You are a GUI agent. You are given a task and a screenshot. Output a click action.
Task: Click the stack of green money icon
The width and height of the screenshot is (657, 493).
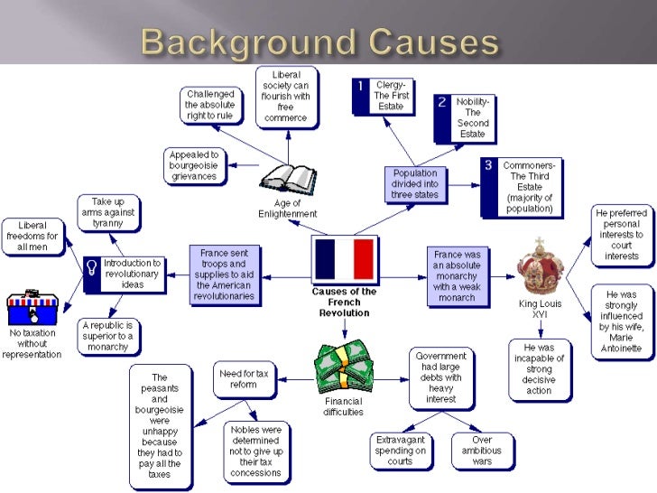point(343,366)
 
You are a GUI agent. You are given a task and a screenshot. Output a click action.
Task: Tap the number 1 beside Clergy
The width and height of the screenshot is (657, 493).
point(360,87)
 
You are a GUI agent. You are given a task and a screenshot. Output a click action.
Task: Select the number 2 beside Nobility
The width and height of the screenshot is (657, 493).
point(442,102)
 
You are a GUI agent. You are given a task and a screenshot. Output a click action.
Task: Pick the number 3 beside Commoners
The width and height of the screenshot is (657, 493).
point(488,165)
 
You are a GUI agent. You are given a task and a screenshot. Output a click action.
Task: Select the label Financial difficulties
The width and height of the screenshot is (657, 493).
point(343,406)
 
